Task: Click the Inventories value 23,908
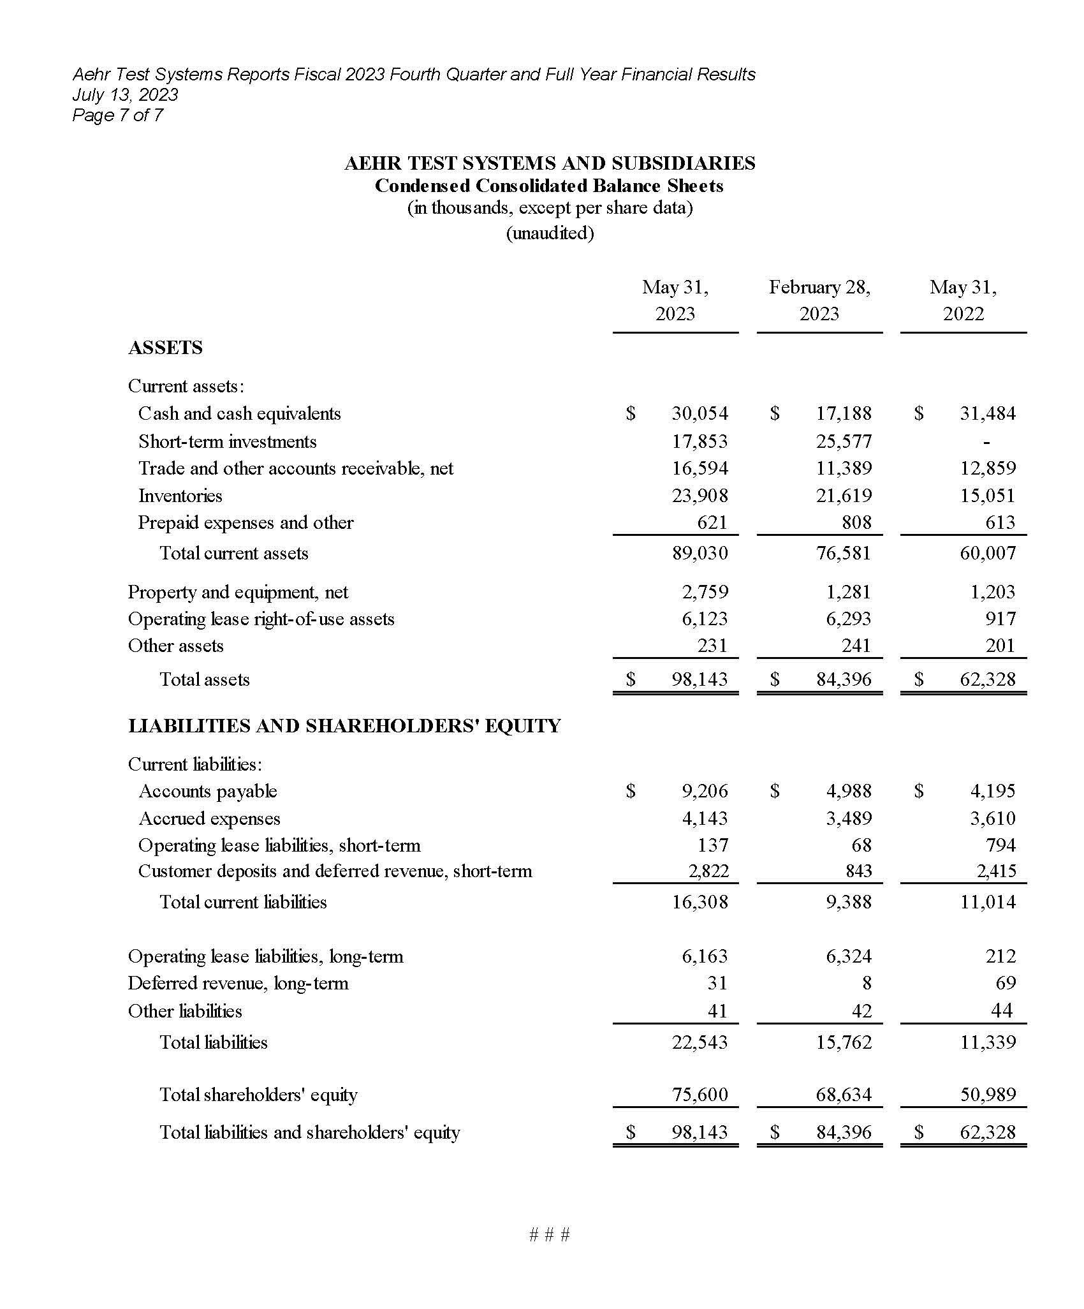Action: (x=699, y=496)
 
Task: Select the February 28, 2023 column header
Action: (x=819, y=300)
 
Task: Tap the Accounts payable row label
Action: (x=208, y=791)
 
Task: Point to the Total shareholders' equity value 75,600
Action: (x=699, y=1095)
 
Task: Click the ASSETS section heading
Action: (x=165, y=348)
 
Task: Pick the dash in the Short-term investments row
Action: (x=986, y=441)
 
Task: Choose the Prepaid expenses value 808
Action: (x=856, y=522)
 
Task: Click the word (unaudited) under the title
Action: (x=550, y=233)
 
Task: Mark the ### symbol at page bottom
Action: (x=549, y=1235)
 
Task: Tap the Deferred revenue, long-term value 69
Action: (x=1005, y=983)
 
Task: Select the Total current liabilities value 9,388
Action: (x=849, y=902)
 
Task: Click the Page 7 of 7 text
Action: (x=117, y=115)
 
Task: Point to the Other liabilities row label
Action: (x=185, y=1011)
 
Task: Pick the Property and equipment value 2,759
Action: (x=705, y=592)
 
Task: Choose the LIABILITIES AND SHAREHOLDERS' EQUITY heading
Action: (x=344, y=726)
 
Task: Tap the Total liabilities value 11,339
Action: (x=988, y=1042)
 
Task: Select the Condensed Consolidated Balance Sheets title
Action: (x=549, y=186)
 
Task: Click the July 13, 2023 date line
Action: (x=125, y=95)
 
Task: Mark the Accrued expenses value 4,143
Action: (x=705, y=818)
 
